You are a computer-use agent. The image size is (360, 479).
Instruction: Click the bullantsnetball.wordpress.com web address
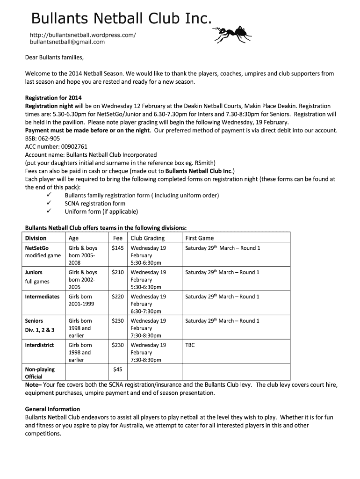[x=83, y=35]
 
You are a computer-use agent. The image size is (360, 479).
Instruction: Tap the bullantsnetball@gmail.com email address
[x=67, y=42]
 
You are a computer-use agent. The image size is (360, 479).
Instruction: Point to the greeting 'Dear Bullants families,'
[x=54, y=58]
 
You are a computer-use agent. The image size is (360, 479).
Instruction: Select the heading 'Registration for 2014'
[x=53, y=98]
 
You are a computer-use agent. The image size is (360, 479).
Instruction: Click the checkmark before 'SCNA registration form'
[x=48, y=203]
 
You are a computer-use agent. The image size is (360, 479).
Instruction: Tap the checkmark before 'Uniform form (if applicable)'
[x=48, y=211]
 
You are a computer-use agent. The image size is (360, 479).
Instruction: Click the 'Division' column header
[x=36, y=238]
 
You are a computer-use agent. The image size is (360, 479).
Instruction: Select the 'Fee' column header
[x=118, y=238]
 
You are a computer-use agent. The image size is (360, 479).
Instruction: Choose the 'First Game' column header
[x=200, y=238]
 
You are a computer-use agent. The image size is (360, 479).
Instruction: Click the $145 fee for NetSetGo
[x=118, y=248]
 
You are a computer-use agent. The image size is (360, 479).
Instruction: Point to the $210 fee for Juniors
[x=118, y=272]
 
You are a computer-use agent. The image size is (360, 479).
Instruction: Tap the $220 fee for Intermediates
[x=118, y=297]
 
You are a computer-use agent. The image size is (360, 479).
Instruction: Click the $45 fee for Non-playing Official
[x=118, y=370]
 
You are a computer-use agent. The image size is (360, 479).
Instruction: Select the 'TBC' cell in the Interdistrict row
[x=190, y=345]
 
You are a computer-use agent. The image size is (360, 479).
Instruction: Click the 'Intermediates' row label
[x=42, y=297]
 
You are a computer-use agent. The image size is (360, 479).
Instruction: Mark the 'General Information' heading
[x=52, y=409]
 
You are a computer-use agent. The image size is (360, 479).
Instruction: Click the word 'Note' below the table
[x=32, y=385]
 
